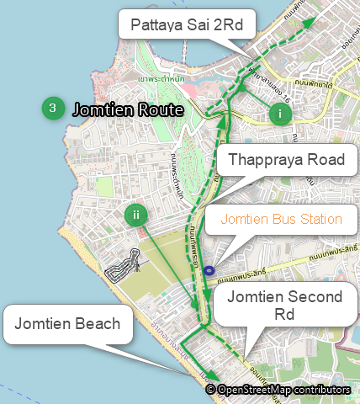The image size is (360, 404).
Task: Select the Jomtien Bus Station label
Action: [281, 221]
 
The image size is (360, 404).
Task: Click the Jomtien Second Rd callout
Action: [285, 306]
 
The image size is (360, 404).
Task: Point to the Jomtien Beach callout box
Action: [67, 324]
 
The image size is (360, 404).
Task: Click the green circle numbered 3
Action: [53, 108]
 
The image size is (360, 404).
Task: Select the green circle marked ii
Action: [136, 215]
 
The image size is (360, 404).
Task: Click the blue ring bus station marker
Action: [209, 270]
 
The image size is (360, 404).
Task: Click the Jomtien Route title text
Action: [128, 109]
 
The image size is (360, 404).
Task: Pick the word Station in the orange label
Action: [320, 221]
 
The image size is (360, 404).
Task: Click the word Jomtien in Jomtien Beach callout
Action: [42, 324]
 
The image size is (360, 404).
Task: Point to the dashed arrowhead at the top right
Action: [309, 23]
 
